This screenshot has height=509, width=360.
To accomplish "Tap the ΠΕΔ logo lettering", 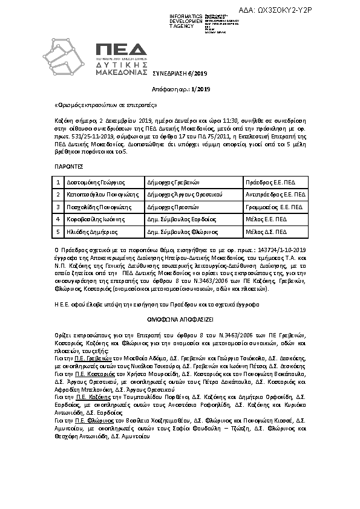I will click(121, 50).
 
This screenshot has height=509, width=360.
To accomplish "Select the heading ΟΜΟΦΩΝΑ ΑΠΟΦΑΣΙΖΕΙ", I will click(180, 317).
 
